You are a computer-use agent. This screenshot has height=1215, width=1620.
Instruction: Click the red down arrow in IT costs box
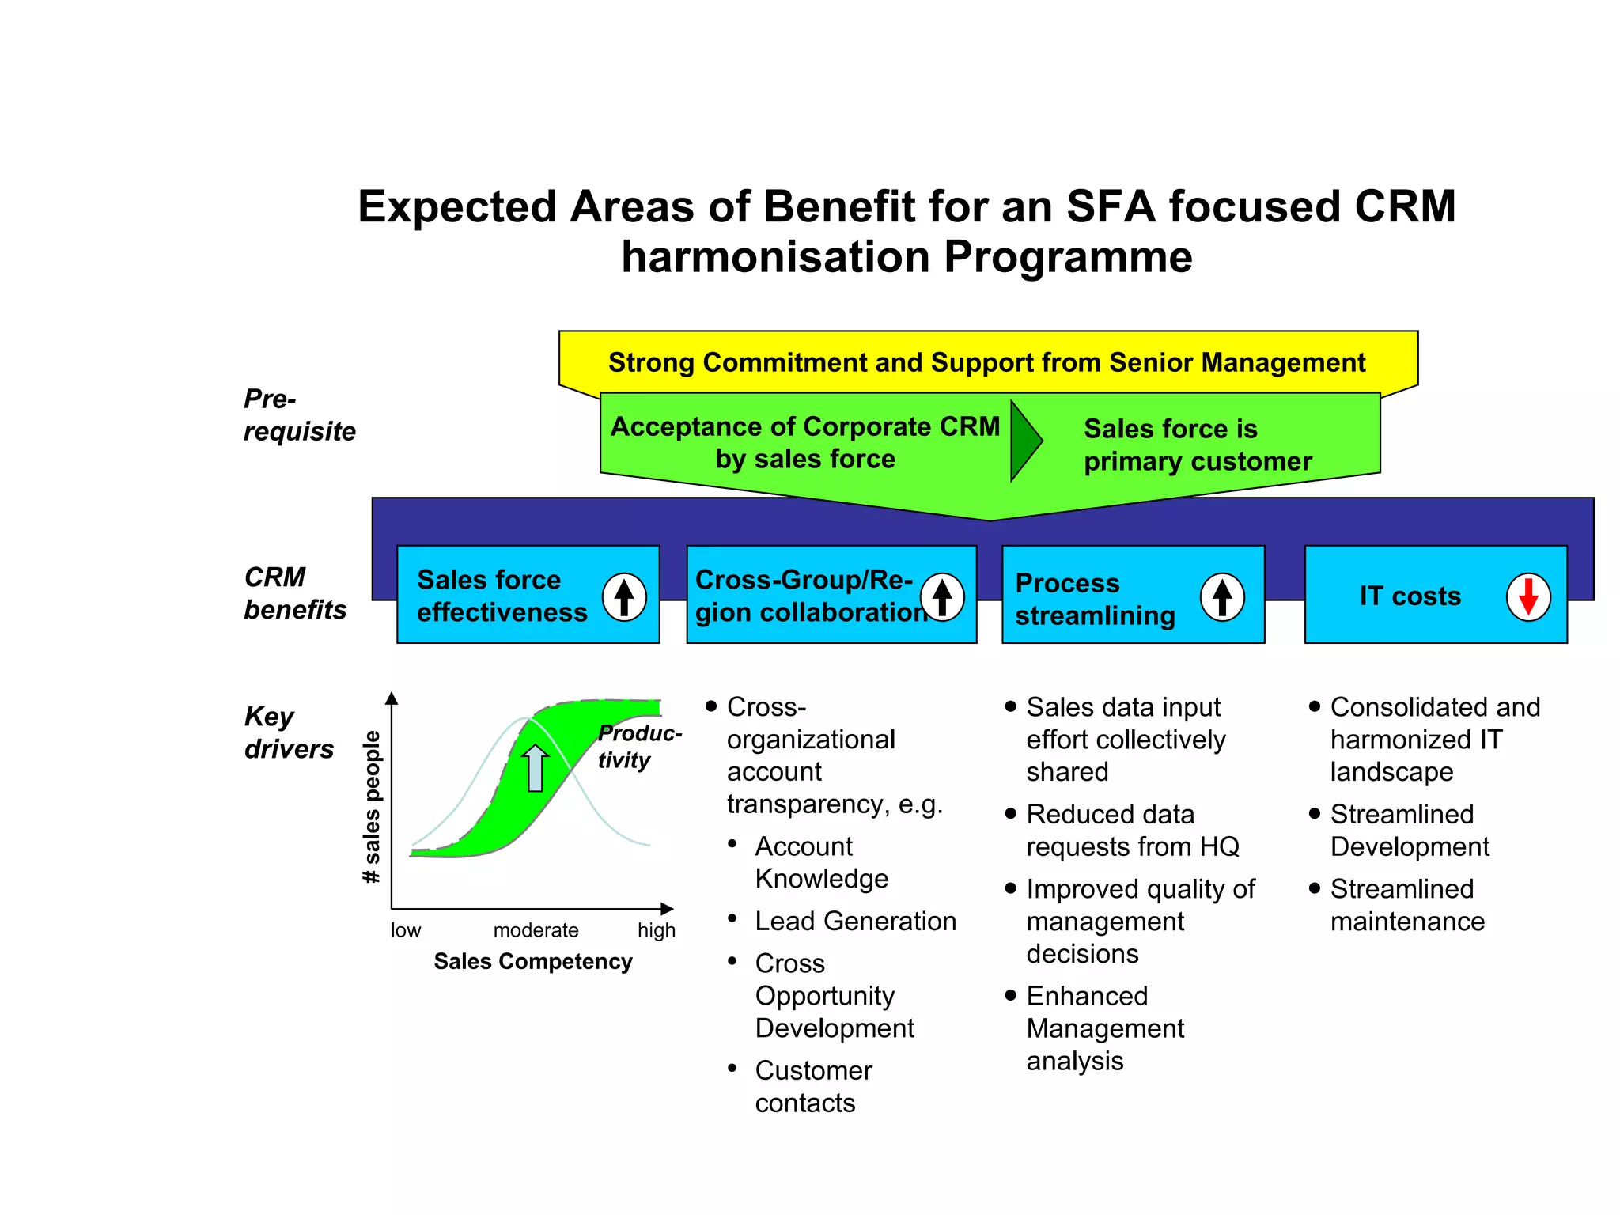coord(1527,597)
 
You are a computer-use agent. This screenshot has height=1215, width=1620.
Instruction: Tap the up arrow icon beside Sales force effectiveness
coord(624,597)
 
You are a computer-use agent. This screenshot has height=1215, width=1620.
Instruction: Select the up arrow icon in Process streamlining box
coord(1222,597)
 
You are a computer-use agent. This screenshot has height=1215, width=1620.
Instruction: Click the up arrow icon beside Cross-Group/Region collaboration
coord(941,597)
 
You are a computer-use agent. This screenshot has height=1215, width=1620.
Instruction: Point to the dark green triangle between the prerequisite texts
coord(1024,441)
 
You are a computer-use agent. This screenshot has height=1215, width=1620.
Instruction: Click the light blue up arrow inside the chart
coord(536,767)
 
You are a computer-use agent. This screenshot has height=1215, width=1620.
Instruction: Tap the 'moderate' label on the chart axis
coord(536,930)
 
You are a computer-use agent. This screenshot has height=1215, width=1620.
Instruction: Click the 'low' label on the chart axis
coord(405,930)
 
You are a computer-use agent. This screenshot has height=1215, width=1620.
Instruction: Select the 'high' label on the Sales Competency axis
coord(656,930)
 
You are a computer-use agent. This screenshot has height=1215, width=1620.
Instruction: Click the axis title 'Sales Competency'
coord(532,961)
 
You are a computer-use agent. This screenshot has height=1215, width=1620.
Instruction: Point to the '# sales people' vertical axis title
coord(371,807)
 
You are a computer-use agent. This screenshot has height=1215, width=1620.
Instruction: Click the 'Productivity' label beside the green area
coord(637,746)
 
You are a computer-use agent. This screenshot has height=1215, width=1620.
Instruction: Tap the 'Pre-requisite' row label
coord(298,415)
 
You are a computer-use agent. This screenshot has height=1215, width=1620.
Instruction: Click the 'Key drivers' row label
coord(288,732)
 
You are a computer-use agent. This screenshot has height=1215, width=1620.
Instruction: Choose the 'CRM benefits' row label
coord(294,593)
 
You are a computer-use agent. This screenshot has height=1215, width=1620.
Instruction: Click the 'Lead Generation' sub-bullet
coord(855,921)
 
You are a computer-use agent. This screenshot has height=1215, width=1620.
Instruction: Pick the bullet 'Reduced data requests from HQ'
coord(1131,831)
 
